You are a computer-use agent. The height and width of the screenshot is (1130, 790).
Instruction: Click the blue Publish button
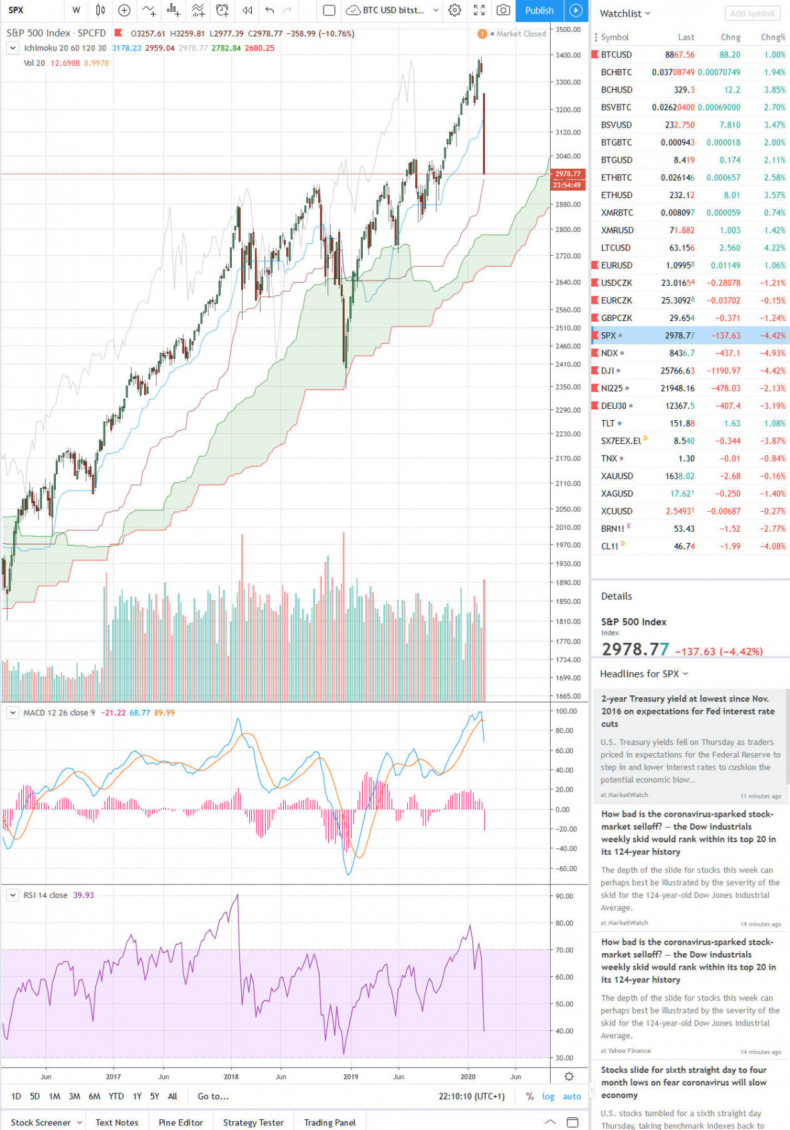pyautogui.click(x=539, y=11)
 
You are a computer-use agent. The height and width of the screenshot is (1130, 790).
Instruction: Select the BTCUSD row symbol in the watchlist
pyautogui.click(x=616, y=55)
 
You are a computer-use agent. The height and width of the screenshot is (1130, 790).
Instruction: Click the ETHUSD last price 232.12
pyautogui.click(x=682, y=195)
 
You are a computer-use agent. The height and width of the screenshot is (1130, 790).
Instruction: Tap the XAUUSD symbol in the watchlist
pyautogui.click(x=617, y=476)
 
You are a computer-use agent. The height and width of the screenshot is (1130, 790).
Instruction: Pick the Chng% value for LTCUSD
pyautogui.click(x=773, y=248)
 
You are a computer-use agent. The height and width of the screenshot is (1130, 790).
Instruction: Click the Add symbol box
pyautogui.click(x=752, y=13)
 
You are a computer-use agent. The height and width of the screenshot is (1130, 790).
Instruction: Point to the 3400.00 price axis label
pyautogui.click(x=568, y=55)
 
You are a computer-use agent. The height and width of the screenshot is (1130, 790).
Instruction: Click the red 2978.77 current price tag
pyautogui.click(x=568, y=174)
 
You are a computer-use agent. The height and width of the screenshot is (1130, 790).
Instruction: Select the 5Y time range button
pyautogui.click(x=154, y=1096)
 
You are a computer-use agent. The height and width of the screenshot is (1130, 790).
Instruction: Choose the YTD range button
pyautogui.click(x=116, y=1096)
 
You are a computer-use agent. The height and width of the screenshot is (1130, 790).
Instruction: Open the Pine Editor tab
pyautogui.click(x=181, y=1123)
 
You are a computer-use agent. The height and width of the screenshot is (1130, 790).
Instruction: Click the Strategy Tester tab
pyautogui.click(x=253, y=1123)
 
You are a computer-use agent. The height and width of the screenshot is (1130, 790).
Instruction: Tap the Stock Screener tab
pyautogui.click(x=41, y=1123)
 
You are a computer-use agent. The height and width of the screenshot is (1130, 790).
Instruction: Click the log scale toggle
pyautogui.click(x=548, y=1096)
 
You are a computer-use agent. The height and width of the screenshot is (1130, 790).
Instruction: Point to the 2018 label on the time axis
pyautogui.click(x=231, y=1076)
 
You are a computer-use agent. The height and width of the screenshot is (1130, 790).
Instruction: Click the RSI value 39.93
pyautogui.click(x=84, y=895)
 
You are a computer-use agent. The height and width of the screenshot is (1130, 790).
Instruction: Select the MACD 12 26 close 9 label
pyautogui.click(x=59, y=713)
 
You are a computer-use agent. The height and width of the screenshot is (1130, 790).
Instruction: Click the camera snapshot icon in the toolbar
pyautogui.click(x=503, y=11)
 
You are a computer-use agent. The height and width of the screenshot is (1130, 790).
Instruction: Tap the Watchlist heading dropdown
pyautogui.click(x=625, y=13)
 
